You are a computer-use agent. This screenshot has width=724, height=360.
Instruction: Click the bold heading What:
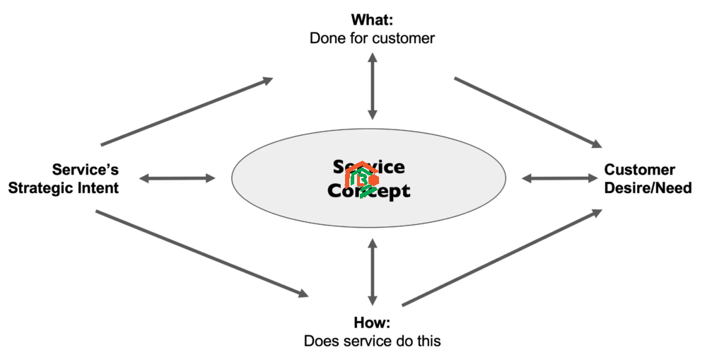click(372, 19)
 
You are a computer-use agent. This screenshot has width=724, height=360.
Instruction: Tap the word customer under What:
click(402, 37)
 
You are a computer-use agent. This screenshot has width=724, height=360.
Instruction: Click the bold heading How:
click(373, 323)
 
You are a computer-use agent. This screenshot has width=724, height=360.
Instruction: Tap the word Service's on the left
click(86, 170)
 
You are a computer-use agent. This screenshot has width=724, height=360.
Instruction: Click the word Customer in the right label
click(639, 170)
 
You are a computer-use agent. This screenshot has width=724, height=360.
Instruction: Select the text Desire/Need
click(648, 188)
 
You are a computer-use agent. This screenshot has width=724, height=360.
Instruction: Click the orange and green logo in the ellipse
click(361, 179)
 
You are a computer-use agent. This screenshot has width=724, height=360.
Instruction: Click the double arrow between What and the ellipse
click(373, 86)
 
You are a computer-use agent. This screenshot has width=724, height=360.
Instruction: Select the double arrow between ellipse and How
click(373, 272)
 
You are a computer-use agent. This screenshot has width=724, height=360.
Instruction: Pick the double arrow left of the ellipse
click(177, 178)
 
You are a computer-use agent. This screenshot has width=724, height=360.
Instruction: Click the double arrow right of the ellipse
click(559, 178)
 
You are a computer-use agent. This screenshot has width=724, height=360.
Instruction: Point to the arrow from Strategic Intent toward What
click(187, 112)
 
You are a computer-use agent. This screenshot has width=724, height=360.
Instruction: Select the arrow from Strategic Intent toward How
click(202, 252)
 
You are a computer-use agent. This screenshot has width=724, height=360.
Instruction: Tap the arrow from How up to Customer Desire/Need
click(502, 258)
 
